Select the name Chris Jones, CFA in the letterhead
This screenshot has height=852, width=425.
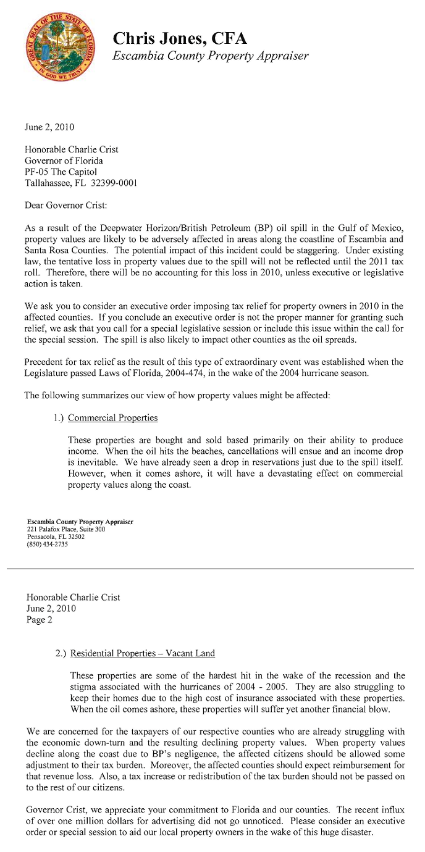click(x=180, y=39)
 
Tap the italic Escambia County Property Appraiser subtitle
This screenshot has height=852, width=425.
click(x=210, y=56)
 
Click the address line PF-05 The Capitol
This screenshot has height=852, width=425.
click(x=61, y=172)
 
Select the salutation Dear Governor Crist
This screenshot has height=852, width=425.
click(x=66, y=205)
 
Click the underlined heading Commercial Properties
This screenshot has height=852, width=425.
click(x=112, y=418)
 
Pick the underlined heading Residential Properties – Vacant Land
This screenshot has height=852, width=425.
click(x=143, y=653)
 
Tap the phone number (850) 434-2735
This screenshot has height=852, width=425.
click(x=48, y=545)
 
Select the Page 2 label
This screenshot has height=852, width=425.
click(x=40, y=620)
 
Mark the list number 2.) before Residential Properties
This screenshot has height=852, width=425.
click(x=61, y=653)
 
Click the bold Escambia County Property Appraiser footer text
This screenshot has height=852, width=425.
click(x=80, y=522)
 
